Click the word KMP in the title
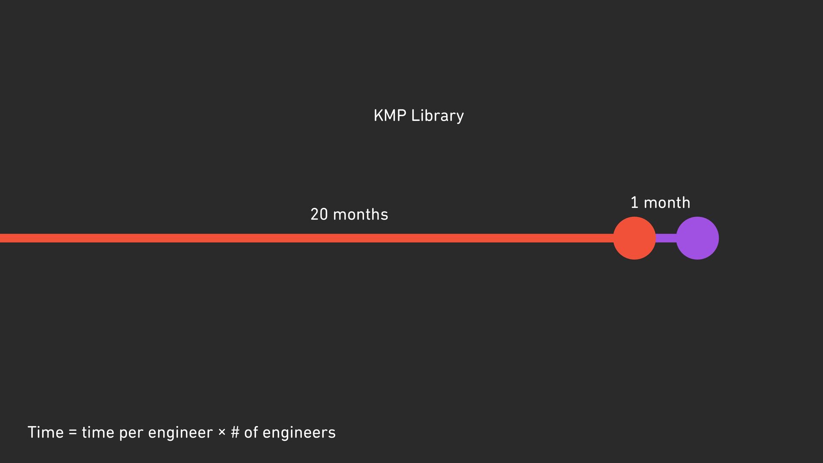tap(390, 115)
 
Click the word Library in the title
tap(437, 116)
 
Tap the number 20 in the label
tap(319, 214)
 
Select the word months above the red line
tap(360, 214)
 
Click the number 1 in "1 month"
tap(634, 202)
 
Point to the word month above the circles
tap(667, 202)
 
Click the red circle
tap(634, 238)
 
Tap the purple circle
tap(697, 238)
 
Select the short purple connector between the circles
tap(666, 238)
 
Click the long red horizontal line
tap(300, 238)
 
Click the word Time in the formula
tap(45, 432)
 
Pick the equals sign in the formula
tap(73, 432)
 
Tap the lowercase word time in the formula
tap(98, 432)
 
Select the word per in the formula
tap(131, 433)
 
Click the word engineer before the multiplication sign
tap(180, 433)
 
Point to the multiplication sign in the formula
tap(222, 432)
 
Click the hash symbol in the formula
tap(235, 432)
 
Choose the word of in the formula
tap(251, 432)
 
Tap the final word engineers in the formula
tap(299, 433)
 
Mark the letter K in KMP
tap(378, 115)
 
